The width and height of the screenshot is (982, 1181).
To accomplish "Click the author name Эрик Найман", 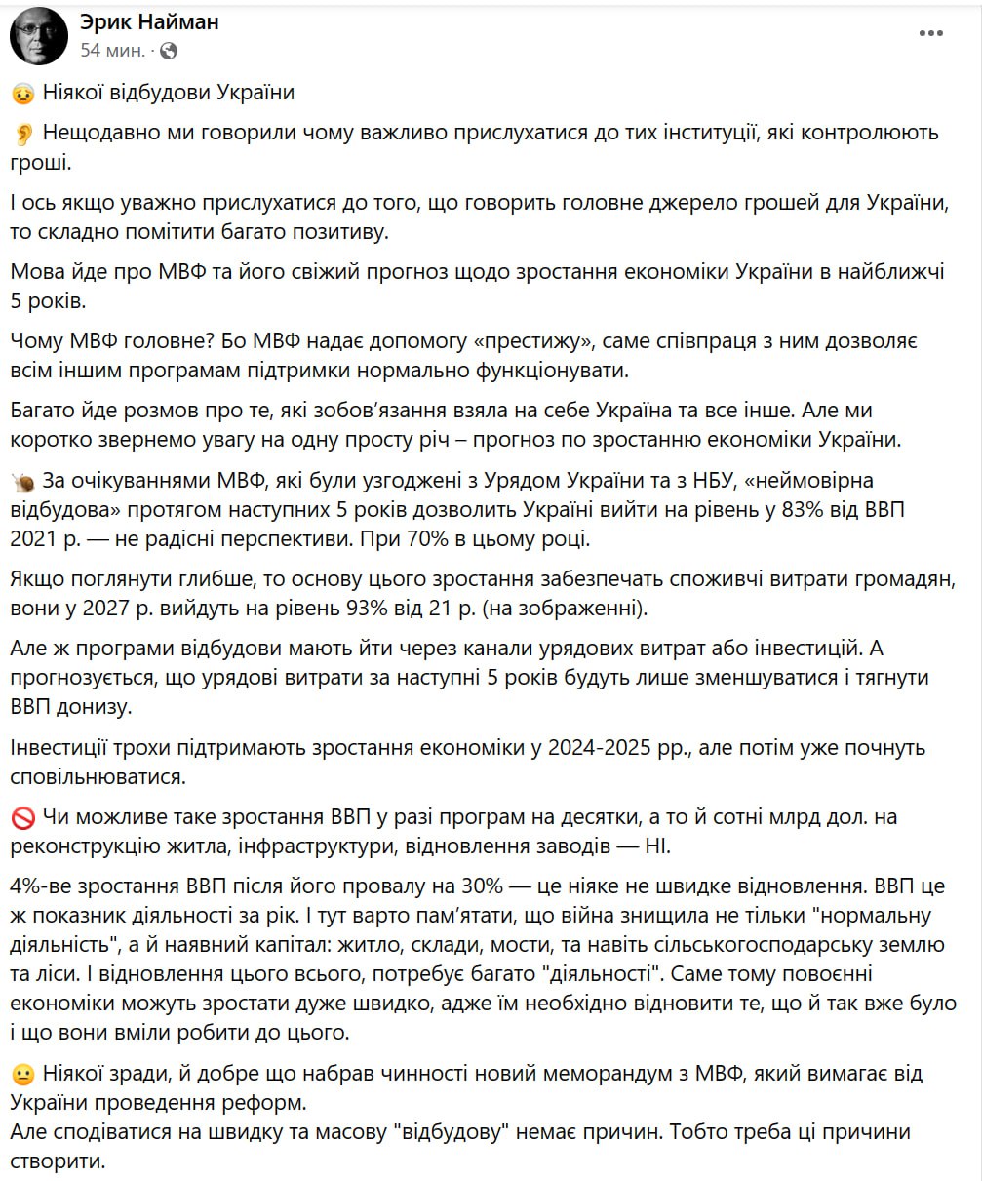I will point(149,21).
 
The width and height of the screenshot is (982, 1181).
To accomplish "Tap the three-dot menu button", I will point(930,34).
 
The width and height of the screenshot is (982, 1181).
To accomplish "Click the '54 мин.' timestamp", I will point(112,49).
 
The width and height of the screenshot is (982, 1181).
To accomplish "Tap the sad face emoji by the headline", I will point(23,94).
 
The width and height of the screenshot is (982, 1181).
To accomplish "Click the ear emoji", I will point(23,134).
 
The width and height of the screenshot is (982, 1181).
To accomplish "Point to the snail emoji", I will point(23,483).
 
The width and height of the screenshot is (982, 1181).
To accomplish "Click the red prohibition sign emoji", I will point(23,817).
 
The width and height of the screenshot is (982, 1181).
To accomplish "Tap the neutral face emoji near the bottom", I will point(23,1075).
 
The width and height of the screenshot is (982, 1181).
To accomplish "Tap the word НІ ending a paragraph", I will point(656,845).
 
